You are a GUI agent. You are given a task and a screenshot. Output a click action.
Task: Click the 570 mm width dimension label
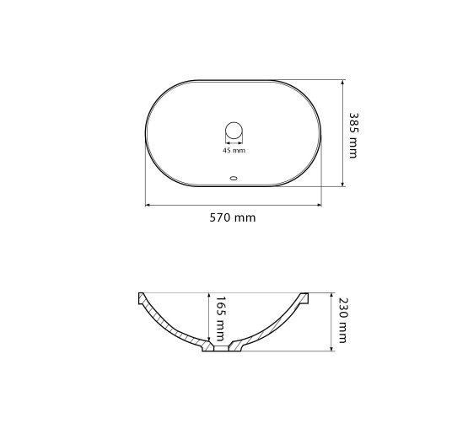tap(233, 217)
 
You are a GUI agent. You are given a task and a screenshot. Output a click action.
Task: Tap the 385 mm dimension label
tap(353, 135)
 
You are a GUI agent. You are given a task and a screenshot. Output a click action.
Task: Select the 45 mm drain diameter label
tap(234, 150)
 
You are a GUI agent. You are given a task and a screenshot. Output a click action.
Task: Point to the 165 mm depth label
tap(220, 319)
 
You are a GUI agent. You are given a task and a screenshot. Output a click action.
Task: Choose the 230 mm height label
tap(343, 320)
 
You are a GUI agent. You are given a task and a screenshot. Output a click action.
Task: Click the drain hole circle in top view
tap(234, 131)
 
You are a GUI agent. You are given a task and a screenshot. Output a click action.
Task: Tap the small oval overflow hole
tap(234, 179)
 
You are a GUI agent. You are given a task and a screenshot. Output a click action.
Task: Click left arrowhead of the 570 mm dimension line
tap(147, 206)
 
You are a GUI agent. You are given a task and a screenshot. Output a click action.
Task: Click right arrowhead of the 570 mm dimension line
tap(320, 206)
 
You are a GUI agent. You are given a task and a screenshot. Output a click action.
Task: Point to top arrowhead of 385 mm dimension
tap(342, 82)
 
